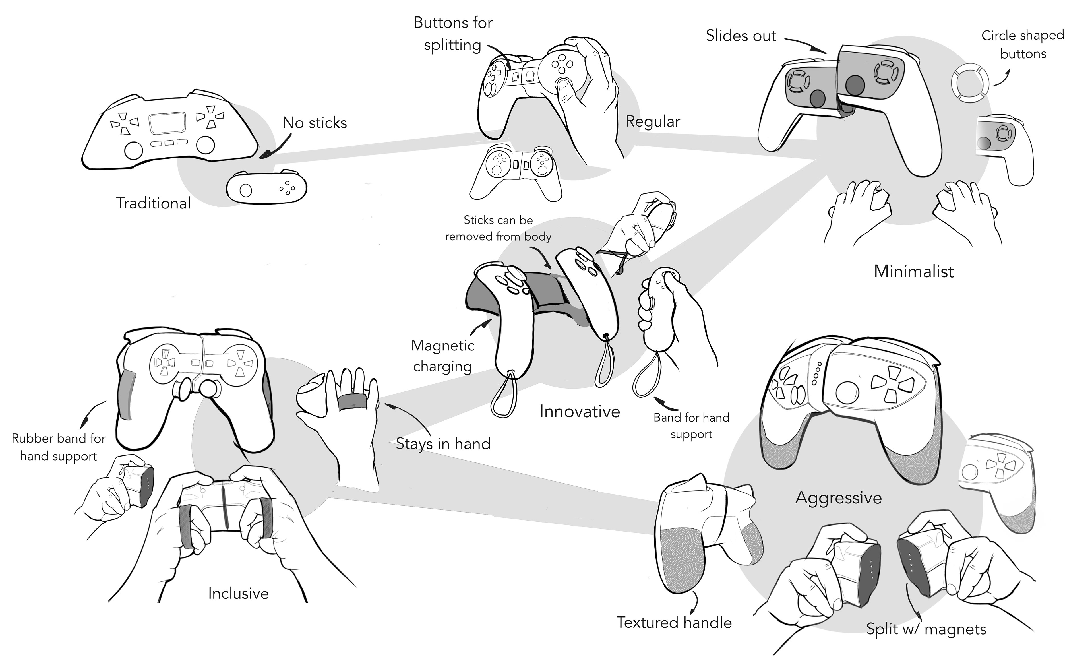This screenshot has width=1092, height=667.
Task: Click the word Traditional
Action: (153, 203)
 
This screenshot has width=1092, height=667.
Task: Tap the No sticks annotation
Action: (315, 123)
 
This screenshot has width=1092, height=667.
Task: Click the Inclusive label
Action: (238, 593)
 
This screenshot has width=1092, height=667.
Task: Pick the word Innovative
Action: (580, 412)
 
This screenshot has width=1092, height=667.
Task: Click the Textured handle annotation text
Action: (674, 623)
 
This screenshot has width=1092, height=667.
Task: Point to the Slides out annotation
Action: (741, 36)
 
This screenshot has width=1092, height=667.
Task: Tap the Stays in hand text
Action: (443, 444)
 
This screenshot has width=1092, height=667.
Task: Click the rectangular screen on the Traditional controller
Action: (167, 123)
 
